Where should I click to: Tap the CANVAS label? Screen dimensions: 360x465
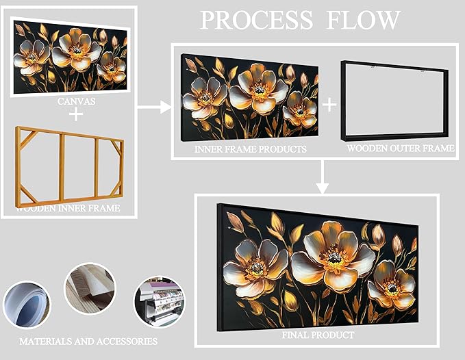(x=76, y=101)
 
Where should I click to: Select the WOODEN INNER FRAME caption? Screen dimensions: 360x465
(x=68, y=208)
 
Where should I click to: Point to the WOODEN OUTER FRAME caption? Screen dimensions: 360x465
(x=400, y=148)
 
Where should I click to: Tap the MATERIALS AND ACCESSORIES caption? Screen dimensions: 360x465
(x=88, y=341)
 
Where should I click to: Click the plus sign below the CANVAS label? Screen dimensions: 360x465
(x=76, y=114)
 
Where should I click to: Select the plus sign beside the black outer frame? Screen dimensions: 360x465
(x=329, y=104)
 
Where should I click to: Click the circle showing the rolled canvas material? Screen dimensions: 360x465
(x=27, y=307)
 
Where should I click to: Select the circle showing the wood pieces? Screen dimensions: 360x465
(x=90, y=289)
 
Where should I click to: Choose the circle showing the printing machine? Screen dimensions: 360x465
(x=159, y=301)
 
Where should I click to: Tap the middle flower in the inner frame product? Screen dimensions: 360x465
(x=258, y=88)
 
